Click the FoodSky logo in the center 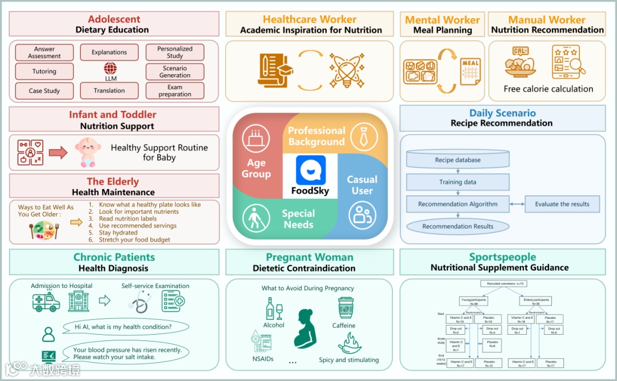point(310,171)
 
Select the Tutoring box point(45,71)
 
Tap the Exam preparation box point(175,91)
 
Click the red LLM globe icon point(110,68)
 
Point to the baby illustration point(87,153)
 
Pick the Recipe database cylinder point(458,160)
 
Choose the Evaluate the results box point(562,204)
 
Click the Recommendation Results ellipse point(458,226)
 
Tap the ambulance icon point(46,300)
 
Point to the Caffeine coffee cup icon point(345,308)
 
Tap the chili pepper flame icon point(349,343)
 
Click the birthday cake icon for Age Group point(255,138)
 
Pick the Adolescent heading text point(114,19)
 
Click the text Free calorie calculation point(548,89)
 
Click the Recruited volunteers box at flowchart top point(506,283)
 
